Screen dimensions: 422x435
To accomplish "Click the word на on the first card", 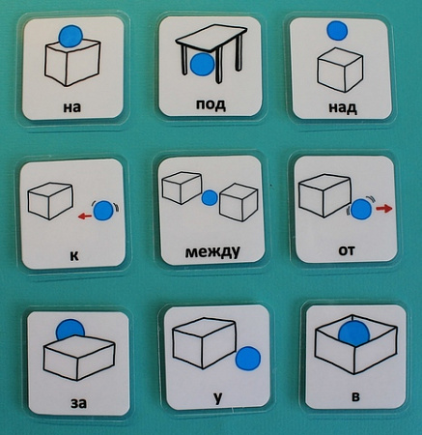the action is click(72, 107).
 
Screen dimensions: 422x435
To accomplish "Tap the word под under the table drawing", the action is click(211, 103).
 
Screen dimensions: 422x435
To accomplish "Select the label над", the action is click(343, 107).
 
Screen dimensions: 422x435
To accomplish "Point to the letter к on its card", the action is click(74, 256).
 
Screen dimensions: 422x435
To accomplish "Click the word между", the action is click(212, 251).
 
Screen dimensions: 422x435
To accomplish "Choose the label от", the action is click(347, 250).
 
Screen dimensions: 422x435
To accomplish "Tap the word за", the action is click(78, 403).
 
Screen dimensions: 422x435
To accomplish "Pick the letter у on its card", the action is click(218, 398).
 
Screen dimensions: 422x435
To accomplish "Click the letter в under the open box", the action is click(355, 396).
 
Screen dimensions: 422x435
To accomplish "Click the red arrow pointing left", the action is click(85, 217).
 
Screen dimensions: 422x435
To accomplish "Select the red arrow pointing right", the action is click(384, 209).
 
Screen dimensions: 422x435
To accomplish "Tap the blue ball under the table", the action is click(202, 65).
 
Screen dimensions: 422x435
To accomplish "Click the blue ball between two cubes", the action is click(210, 198).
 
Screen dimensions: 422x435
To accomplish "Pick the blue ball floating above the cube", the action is click(337, 31).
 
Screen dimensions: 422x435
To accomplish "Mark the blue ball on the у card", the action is click(248, 358).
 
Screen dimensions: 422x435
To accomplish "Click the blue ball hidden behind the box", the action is click(70, 329).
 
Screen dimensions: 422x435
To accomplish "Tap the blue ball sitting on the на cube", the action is click(71, 36).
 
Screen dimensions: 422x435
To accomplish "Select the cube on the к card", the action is click(50, 201).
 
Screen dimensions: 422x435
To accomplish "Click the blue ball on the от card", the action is click(361, 209).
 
